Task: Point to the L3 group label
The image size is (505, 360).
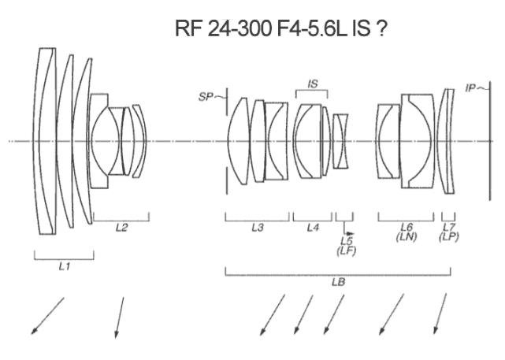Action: [257, 228]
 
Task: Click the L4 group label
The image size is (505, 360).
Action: [313, 228]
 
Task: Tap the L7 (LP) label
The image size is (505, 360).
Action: [449, 232]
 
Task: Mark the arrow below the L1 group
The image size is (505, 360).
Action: [47, 315]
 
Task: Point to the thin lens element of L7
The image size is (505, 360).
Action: [447, 141]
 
